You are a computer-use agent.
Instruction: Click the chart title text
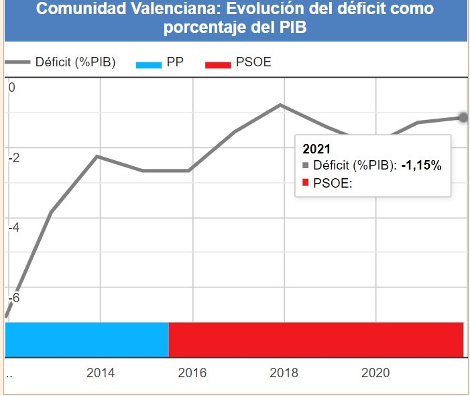235,18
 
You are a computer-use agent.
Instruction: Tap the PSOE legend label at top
253,63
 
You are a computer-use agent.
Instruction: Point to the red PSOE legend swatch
218,64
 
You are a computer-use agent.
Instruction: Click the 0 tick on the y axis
11,88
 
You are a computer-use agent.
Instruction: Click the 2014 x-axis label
101,373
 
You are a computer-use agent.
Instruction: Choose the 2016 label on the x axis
192,373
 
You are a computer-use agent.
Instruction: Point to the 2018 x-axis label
284,373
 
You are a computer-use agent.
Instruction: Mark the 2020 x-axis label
375,373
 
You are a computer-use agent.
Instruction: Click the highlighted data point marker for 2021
463,117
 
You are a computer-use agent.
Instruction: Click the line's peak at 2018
281,105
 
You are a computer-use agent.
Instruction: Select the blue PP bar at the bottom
86,340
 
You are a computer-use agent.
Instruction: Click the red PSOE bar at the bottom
316,340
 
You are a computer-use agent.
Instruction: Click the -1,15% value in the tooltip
421,166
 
